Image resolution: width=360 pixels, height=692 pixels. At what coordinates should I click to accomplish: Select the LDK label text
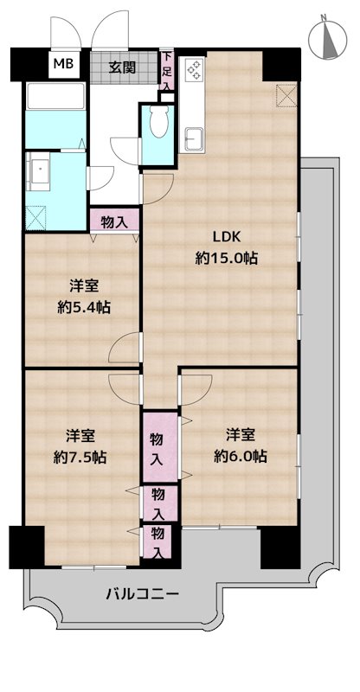tap(226, 237)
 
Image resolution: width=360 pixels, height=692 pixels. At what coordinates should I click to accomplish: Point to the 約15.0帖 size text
tap(227, 258)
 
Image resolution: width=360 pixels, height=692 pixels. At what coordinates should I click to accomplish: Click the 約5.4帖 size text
tap(84, 307)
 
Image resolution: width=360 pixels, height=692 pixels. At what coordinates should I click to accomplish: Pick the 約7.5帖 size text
tap(80, 458)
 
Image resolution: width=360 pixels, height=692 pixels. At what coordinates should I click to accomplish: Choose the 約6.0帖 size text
tap(241, 456)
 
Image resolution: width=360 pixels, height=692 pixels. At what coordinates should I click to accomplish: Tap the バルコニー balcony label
tap(142, 593)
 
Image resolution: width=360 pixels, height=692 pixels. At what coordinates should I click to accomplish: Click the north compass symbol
tap(327, 38)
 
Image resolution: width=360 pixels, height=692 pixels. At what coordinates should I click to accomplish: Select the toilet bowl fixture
tap(158, 121)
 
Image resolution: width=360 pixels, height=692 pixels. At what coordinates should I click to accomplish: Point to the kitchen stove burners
tap(195, 70)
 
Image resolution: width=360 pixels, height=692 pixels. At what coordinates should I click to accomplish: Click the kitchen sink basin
tap(194, 139)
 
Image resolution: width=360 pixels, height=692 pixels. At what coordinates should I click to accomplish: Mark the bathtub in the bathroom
tap(55, 96)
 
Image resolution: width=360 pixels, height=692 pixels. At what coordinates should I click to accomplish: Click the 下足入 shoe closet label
tap(166, 71)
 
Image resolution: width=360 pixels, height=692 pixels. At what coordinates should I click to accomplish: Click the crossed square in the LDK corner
tap(286, 95)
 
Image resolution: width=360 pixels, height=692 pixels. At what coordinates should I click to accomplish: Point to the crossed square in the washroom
tap(35, 218)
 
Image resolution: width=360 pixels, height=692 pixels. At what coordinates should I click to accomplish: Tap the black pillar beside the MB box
tap(29, 65)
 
